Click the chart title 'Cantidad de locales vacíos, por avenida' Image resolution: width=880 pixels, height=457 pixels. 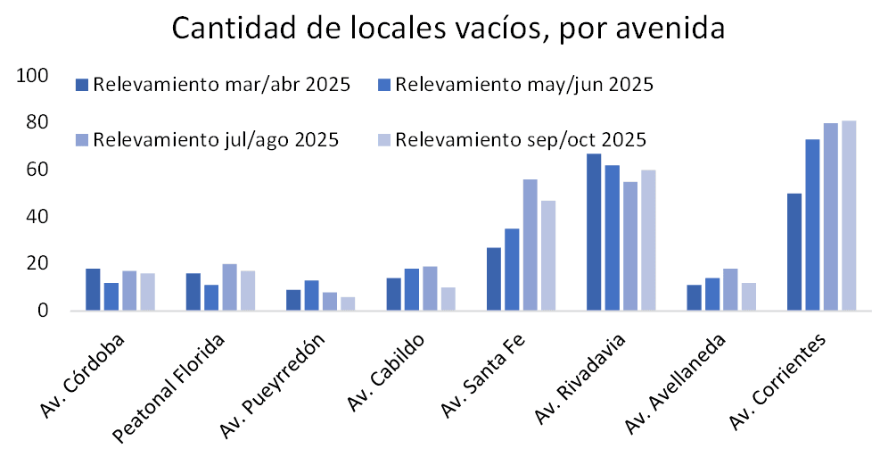click(x=448, y=29)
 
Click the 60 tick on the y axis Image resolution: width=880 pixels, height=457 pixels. click(x=37, y=170)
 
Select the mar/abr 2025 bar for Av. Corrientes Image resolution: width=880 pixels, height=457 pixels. click(x=794, y=252)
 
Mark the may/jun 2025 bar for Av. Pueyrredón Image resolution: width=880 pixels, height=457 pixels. click(x=311, y=295)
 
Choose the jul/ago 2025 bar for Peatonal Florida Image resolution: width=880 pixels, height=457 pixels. click(x=229, y=287)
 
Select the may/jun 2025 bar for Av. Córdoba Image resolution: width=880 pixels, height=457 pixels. click(x=111, y=296)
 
